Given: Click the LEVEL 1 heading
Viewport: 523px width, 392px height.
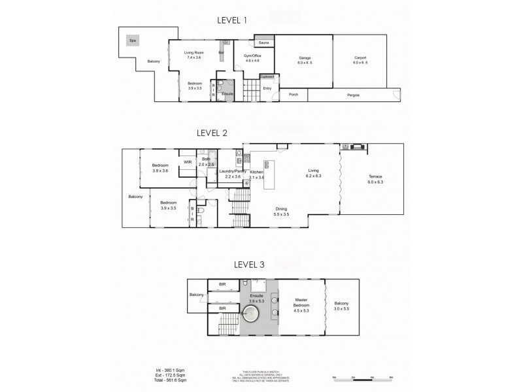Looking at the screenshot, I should click(232, 20).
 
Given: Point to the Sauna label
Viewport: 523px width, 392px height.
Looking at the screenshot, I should click(264, 43).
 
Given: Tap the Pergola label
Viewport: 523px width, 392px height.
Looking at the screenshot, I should click(354, 95).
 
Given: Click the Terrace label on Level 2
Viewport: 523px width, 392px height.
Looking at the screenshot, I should click(375, 180).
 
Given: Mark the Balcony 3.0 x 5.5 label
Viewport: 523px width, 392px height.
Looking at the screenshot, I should click(342, 305).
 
